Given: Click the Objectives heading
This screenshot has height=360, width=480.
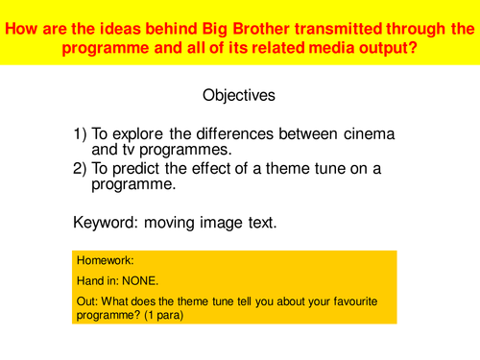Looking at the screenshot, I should pyautogui.click(x=239, y=96).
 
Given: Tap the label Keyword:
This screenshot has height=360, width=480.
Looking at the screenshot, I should pyautogui.click(x=108, y=223).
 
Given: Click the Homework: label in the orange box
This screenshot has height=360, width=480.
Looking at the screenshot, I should pyautogui.click(x=104, y=260).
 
